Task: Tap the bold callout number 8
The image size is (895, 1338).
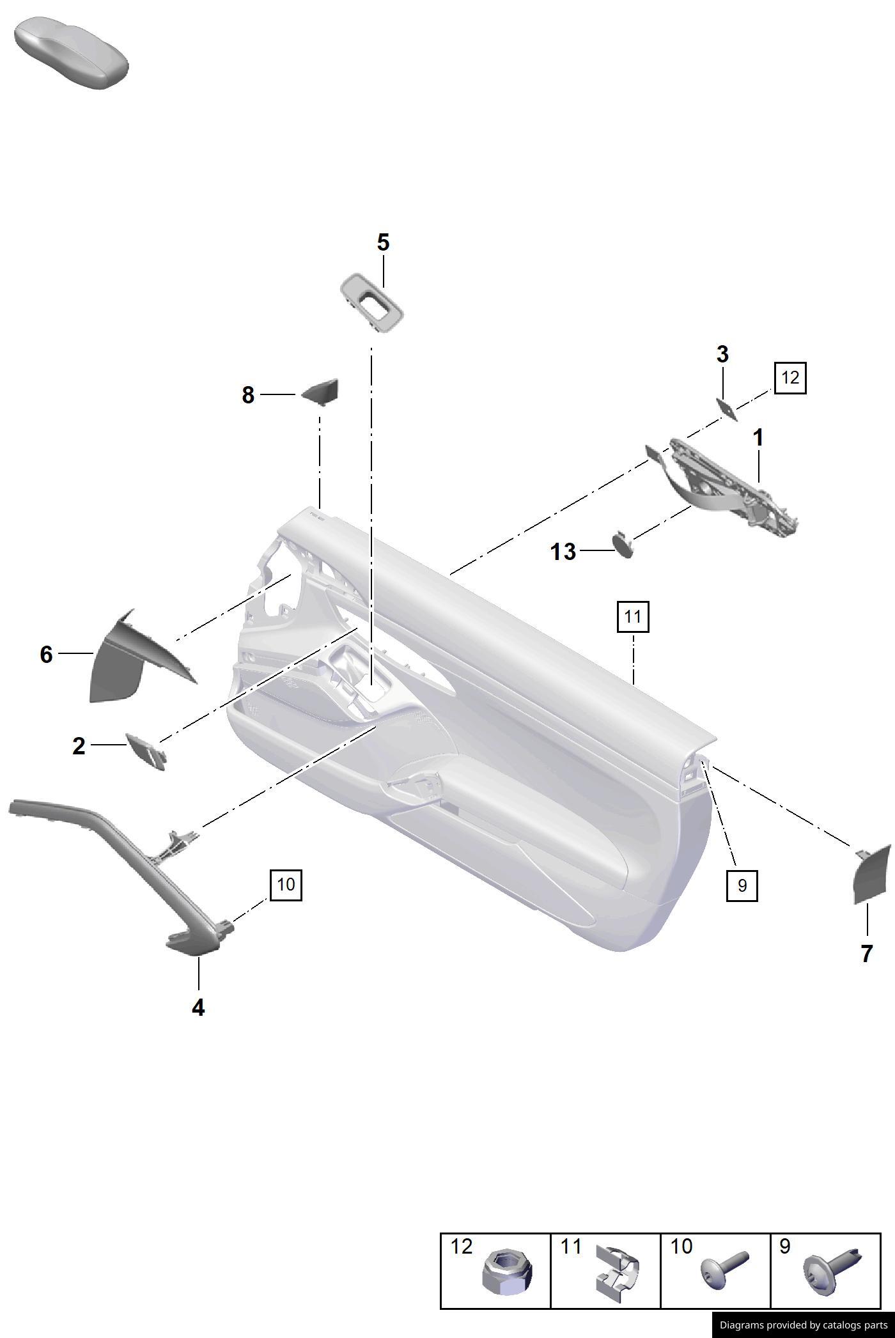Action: [248, 396]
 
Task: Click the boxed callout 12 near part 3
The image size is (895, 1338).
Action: [790, 378]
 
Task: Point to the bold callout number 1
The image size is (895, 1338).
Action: [758, 439]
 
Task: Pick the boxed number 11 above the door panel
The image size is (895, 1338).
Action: [633, 617]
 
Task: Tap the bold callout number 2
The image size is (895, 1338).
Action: [79, 746]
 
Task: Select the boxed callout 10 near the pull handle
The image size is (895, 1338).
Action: [286, 885]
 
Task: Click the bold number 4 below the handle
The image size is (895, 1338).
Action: [198, 1008]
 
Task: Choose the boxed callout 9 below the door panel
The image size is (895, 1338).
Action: [742, 885]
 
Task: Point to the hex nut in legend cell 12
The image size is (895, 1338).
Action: [506, 1273]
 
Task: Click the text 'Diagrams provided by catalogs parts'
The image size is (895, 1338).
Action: [804, 1325]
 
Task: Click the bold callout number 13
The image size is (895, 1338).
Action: [563, 552]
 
